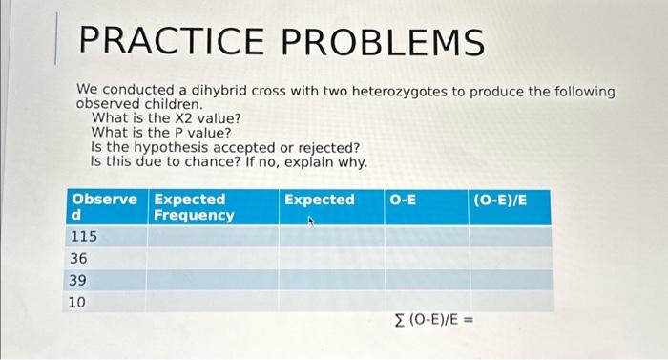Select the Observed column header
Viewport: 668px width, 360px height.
click(104, 207)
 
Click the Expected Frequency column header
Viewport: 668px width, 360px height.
click(194, 207)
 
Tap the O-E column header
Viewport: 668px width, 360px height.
click(403, 200)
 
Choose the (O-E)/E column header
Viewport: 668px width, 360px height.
click(499, 200)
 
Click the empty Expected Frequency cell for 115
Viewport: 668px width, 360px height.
click(212, 236)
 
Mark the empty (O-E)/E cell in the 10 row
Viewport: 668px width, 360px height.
click(511, 302)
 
